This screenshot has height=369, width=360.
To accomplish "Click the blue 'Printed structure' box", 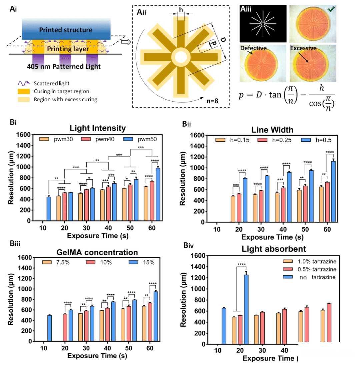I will [66, 30].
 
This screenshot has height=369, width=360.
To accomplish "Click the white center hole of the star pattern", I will [180, 57].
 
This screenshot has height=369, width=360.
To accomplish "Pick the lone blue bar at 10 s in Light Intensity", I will [49, 209].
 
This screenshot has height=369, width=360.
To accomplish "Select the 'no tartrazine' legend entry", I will [309, 277].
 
